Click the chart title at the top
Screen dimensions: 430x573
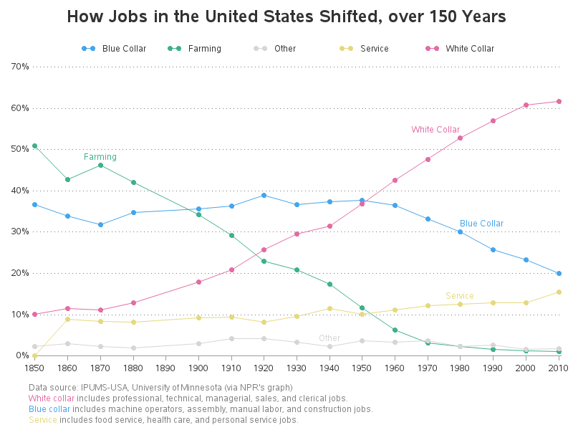(286, 16)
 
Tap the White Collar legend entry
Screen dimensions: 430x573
(469, 49)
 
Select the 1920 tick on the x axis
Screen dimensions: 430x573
(264, 368)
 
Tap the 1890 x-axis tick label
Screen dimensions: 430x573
(165, 368)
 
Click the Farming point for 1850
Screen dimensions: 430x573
(34, 145)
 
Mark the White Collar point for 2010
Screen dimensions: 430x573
(559, 101)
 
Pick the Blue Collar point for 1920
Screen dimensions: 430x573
(264, 195)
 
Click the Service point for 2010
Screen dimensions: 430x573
(559, 292)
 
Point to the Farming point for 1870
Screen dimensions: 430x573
(100, 165)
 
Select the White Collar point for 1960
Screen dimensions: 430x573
(395, 180)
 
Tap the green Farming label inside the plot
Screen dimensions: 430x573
(100, 157)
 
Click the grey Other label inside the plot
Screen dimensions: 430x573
(329, 338)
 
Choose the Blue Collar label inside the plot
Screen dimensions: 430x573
(481, 224)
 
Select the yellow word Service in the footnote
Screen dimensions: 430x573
(42, 420)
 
